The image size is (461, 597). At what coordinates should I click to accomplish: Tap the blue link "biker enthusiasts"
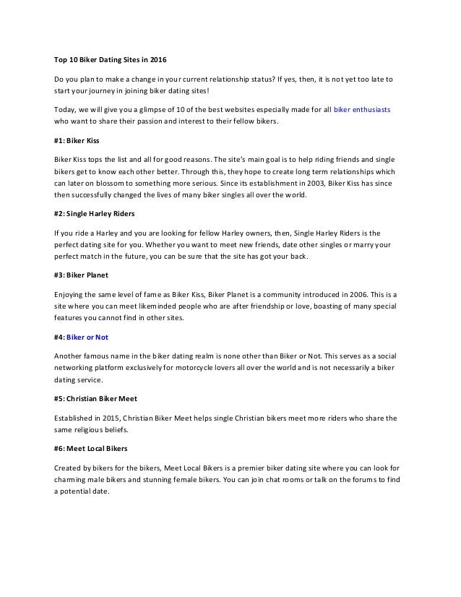coord(362,109)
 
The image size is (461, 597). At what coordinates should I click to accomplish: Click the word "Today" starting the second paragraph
coord(65,109)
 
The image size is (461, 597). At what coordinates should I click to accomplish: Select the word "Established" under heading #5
coord(74,418)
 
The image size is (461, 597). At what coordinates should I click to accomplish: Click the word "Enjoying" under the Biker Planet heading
coord(71,295)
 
